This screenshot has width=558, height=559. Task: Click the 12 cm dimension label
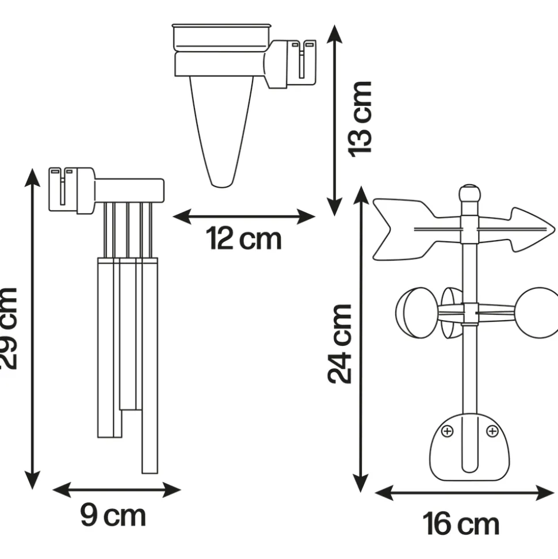(244, 238)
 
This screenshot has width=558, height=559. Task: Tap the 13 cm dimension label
(360, 119)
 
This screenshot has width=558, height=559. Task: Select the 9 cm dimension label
(113, 515)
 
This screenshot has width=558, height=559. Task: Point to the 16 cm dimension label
(461, 524)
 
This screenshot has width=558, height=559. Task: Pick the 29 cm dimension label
(8, 328)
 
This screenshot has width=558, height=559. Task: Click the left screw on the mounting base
(447, 431)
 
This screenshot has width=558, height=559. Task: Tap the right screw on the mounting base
(492, 431)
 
